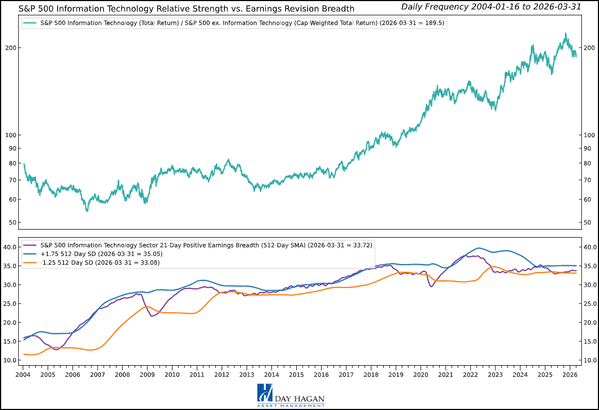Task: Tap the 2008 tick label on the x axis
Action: click(122, 374)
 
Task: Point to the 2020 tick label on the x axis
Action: click(420, 374)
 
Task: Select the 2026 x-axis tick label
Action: click(569, 374)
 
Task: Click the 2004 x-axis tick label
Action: click(23, 374)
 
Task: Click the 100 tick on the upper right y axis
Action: click(590, 135)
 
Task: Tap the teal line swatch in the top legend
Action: click(30, 24)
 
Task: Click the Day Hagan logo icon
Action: click(264, 393)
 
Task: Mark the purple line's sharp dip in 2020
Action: click(431, 286)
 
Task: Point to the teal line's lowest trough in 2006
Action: click(87, 211)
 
